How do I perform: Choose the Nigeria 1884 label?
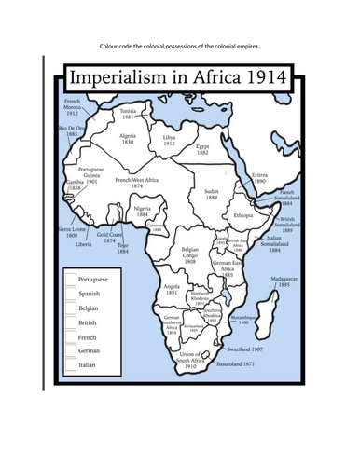(144, 212)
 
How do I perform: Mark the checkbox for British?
(70, 322)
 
